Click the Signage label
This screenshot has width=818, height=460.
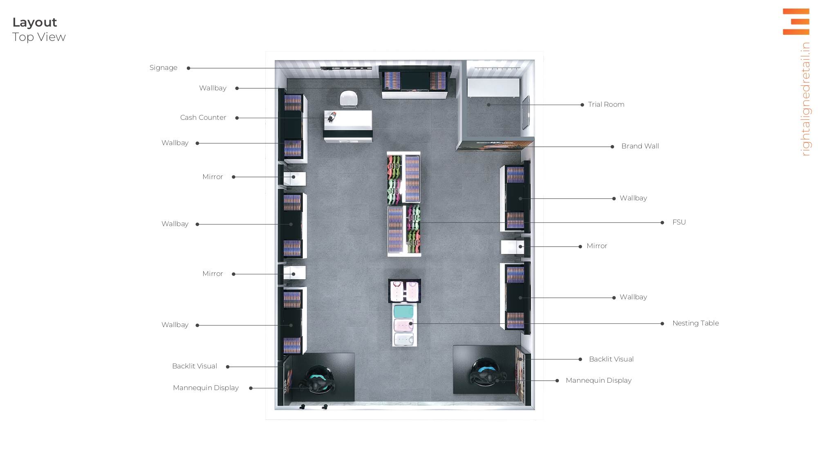click(x=163, y=68)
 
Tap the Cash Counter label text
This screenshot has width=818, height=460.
click(x=203, y=118)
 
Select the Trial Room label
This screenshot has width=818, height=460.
click(x=606, y=105)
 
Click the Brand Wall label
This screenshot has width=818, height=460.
click(x=640, y=146)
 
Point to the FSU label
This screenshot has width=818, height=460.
click(x=679, y=222)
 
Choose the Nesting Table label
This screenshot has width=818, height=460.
click(x=695, y=323)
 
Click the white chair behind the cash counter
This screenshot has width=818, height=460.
click(x=349, y=99)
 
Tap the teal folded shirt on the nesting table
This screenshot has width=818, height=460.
click(x=403, y=311)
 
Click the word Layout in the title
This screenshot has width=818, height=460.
click(x=35, y=22)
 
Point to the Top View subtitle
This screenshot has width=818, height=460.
click(x=39, y=37)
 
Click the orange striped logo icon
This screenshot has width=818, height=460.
click(x=796, y=22)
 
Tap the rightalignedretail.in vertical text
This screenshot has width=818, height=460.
click(x=805, y=99)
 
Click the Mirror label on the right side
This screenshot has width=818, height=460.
click(x=597, y=246)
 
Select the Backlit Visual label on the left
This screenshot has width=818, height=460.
click(x=195, y=366)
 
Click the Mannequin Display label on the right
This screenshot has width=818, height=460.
click(x=598, y=381)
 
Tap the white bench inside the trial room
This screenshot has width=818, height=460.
click(x=493, y=88)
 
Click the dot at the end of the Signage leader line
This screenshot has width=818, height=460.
click(x=188, y=68)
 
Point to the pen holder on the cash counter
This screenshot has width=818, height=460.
click(x=332, y=117)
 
